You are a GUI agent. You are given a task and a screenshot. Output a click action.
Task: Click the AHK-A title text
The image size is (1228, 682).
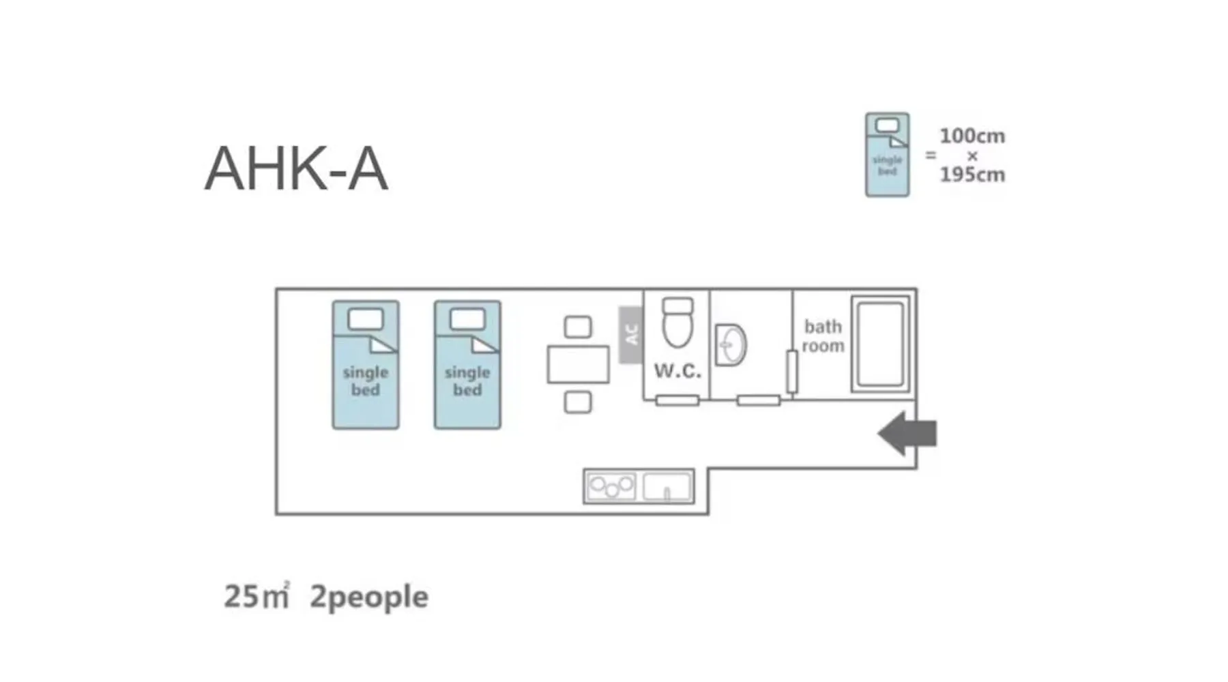tap(296, 169)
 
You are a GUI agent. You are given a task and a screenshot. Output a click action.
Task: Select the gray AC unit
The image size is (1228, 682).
tap(630, 335)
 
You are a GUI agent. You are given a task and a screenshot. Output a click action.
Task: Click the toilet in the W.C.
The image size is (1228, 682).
tap(677, 324)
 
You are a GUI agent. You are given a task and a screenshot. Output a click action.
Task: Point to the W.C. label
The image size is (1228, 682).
tap(677, 371)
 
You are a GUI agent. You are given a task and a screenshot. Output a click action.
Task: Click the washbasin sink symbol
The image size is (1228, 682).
tap(731, 345)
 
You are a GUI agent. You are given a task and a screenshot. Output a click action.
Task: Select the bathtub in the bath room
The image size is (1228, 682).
tap(881, 344)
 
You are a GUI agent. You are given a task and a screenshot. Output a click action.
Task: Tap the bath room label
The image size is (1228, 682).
tap(823, 336)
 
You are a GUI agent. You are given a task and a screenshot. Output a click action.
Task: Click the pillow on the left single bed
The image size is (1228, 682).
tap(366, 319)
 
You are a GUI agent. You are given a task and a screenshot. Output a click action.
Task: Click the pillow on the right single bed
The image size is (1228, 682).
tap(467, 319)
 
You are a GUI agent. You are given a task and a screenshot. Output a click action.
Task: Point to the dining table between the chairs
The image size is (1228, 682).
tap(578, 364)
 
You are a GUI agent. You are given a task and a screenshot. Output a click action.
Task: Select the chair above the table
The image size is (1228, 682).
tap(578, 327)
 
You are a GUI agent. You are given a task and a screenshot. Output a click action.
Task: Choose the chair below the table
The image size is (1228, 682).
tap(578, 402)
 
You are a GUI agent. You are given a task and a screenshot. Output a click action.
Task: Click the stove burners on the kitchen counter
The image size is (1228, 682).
tap(611, 487)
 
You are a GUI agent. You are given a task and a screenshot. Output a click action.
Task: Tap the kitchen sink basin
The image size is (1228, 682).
tap(667, 487)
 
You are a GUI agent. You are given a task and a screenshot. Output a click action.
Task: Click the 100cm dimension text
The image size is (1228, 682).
tap(972, 136)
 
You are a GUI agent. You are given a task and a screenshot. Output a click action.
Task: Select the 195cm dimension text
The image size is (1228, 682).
tap(972, 175)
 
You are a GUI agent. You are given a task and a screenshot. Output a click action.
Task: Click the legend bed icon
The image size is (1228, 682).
tap(887, 155)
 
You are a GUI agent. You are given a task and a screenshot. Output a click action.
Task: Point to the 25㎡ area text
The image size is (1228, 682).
tap(257, 596)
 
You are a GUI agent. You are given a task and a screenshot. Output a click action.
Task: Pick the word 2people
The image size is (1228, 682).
tap(369, 597)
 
